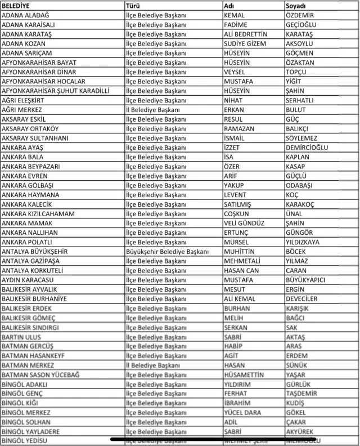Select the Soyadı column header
[296, 6]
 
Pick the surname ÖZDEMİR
[300, 15]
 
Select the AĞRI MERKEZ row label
[22, 110]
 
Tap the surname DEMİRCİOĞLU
[307, 148]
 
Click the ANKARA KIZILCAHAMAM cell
[38, 213]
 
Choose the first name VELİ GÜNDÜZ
[244, 223]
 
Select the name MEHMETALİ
[242, 261]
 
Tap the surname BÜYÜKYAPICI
[305, 280]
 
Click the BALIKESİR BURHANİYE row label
[34, 299]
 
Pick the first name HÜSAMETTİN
[244, 374]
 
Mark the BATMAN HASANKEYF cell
[33, 355]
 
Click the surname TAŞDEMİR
[301, 393]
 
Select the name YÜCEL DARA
[242, 412]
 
